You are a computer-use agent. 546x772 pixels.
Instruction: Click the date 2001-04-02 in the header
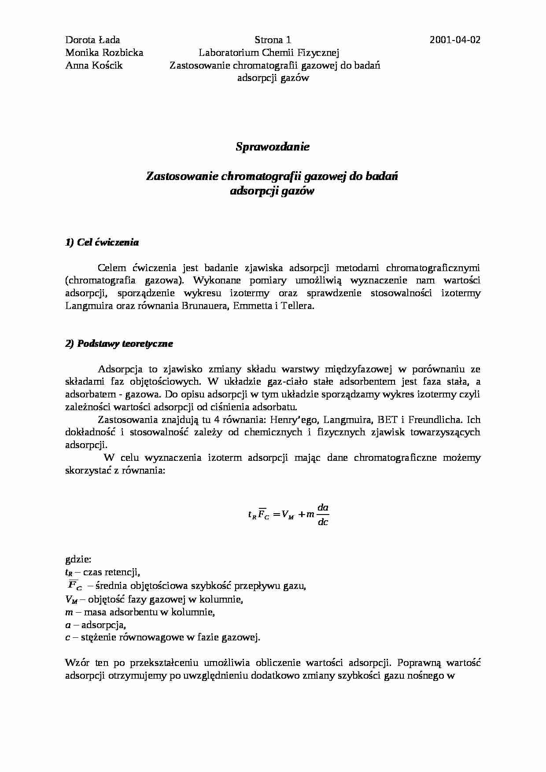point(455,40)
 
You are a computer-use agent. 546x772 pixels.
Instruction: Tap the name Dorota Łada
point(92,40)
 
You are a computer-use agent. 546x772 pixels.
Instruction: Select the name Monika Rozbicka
point(104,53)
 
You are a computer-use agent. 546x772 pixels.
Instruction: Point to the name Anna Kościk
point(94,66)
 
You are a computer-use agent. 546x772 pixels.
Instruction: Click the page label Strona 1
point(273,40)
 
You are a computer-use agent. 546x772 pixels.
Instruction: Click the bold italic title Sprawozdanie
point(273,147)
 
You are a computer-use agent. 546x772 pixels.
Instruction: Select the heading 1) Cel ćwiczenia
point(102,242)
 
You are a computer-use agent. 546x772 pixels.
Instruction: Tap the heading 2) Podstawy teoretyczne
point(119,344)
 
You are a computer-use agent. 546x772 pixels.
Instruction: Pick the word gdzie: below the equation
point(78,560)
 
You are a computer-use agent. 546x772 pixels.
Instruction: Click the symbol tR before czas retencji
point(68,573)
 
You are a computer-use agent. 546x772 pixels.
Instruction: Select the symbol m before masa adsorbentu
point(68,612)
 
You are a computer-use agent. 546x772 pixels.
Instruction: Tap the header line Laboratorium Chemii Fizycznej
point(269,53)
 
